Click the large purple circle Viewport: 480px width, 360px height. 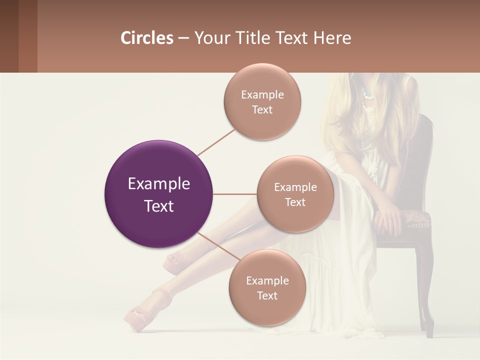158,194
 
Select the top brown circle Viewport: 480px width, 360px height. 262,102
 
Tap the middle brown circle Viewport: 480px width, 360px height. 295,194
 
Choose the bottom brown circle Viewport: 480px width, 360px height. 267,287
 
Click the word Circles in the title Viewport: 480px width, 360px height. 147,38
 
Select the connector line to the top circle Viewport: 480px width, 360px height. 216,142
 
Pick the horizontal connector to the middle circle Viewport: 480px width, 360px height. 234,194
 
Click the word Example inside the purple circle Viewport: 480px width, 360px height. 158,184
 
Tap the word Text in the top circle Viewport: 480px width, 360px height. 262,110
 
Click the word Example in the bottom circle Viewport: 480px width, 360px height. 267,280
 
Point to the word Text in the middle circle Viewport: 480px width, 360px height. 295,202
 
